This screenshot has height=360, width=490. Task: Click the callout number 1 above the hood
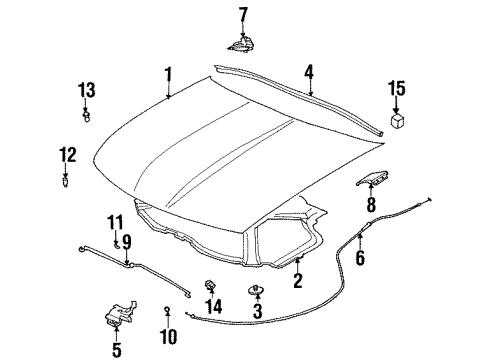[169, 74]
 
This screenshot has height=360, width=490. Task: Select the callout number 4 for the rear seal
[310, 71]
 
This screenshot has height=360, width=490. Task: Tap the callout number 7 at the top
[240, 14]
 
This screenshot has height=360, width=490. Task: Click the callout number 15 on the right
[398, 89]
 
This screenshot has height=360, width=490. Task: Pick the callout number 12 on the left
[66, 154]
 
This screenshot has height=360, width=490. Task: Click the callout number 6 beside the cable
[361, 258]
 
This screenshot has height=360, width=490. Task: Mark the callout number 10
[168, 335]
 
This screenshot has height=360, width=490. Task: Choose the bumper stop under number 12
[66, 181]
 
